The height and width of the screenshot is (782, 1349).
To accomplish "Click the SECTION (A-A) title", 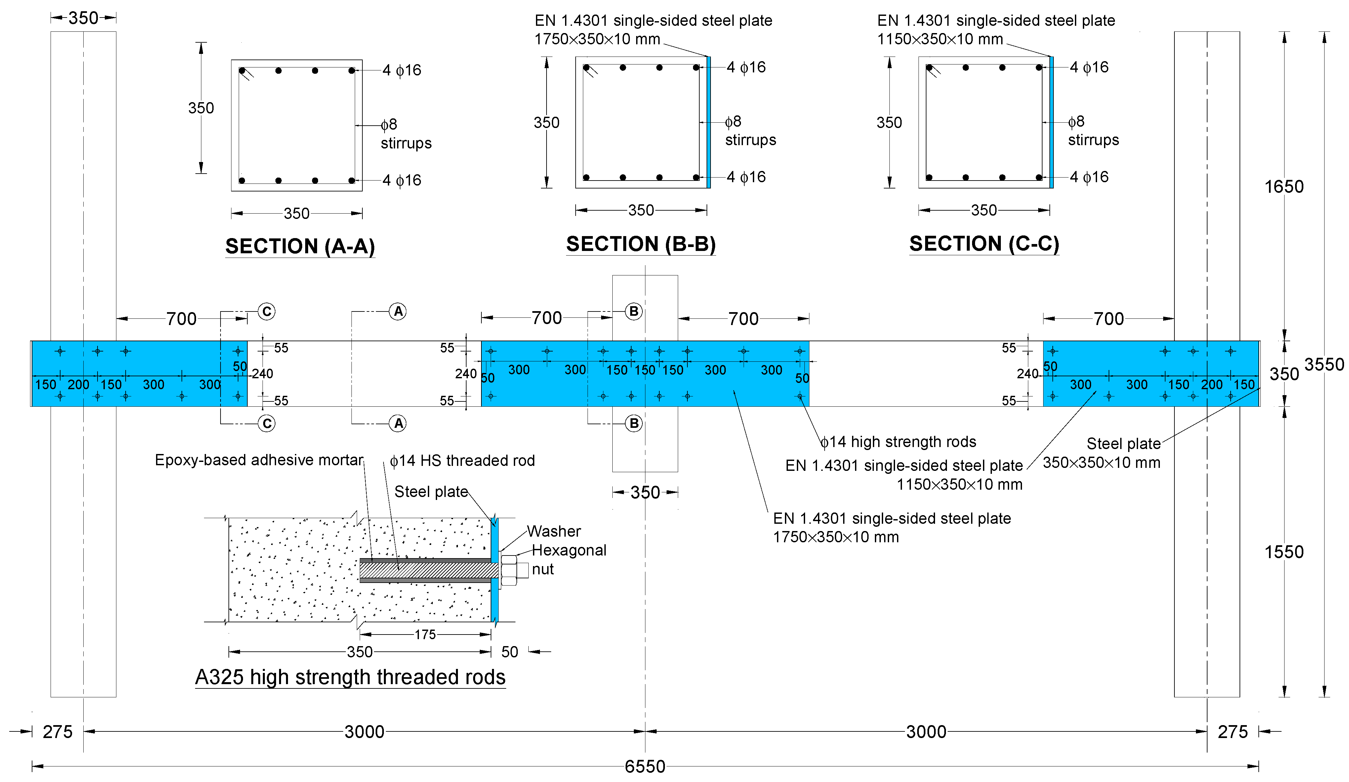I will point(300,246).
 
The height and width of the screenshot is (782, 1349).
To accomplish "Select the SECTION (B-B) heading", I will point(641,244).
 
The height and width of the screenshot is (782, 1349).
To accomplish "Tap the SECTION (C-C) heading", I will point(984,244).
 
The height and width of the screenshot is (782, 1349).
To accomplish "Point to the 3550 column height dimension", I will point(1324,364).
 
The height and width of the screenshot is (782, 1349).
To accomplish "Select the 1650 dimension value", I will point(1284,187).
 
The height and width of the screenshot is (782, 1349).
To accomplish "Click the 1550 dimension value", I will point(1284,552).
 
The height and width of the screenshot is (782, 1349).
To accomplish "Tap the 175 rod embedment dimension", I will point(425,635).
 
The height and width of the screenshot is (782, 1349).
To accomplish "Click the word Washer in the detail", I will point(553,531).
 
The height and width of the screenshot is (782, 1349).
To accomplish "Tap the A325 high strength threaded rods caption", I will point(350,677).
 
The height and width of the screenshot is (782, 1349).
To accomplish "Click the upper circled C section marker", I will point(266,311).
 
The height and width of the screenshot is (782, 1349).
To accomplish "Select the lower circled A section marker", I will point(398,423).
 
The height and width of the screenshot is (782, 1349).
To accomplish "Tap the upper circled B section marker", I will point(634,311).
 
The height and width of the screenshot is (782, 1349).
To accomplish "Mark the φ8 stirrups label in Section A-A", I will point(405,134).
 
